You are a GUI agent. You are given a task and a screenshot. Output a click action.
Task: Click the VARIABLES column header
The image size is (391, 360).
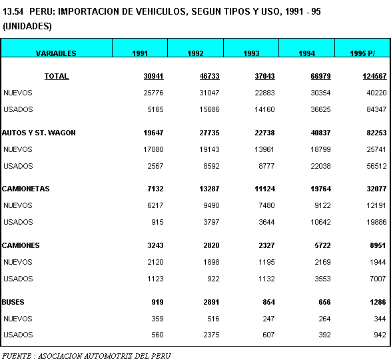pos(56,53)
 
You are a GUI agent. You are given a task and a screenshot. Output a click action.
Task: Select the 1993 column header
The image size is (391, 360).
pos(251,53)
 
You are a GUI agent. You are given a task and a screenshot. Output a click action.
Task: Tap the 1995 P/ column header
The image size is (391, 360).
pos(362,53)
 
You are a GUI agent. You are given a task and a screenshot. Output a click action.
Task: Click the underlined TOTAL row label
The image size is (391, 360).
pos(57,76)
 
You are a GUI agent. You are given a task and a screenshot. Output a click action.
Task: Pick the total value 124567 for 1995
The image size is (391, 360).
pos(374,76)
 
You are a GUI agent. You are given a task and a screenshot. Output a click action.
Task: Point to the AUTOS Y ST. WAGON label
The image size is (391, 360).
pos(39,133)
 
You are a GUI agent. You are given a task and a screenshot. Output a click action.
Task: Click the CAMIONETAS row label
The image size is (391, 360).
pos(26,189)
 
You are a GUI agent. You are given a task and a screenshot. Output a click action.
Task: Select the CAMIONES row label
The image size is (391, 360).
pos(21,245)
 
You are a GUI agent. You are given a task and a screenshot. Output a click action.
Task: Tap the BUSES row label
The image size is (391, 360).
pos(13,302)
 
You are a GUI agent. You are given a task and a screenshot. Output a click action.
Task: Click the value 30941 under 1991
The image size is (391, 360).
pos(154,76)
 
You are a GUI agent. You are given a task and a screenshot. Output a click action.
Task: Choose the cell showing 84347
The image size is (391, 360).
pos(376,109)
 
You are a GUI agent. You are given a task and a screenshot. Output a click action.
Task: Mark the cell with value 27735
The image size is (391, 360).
pos(209,133)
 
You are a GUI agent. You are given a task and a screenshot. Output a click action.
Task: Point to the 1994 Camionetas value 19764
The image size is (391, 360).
pos(320,189)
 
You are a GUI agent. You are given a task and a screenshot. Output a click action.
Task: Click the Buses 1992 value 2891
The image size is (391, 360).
pos(211,302)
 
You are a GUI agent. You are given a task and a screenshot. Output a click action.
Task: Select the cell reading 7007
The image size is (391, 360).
pos(378,279)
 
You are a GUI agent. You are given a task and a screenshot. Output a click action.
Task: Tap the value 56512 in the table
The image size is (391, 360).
pos(376,166)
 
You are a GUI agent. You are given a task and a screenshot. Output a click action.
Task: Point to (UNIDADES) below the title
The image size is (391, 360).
pos(27,26)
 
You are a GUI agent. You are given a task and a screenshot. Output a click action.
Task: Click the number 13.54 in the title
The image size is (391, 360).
pos(13,11)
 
